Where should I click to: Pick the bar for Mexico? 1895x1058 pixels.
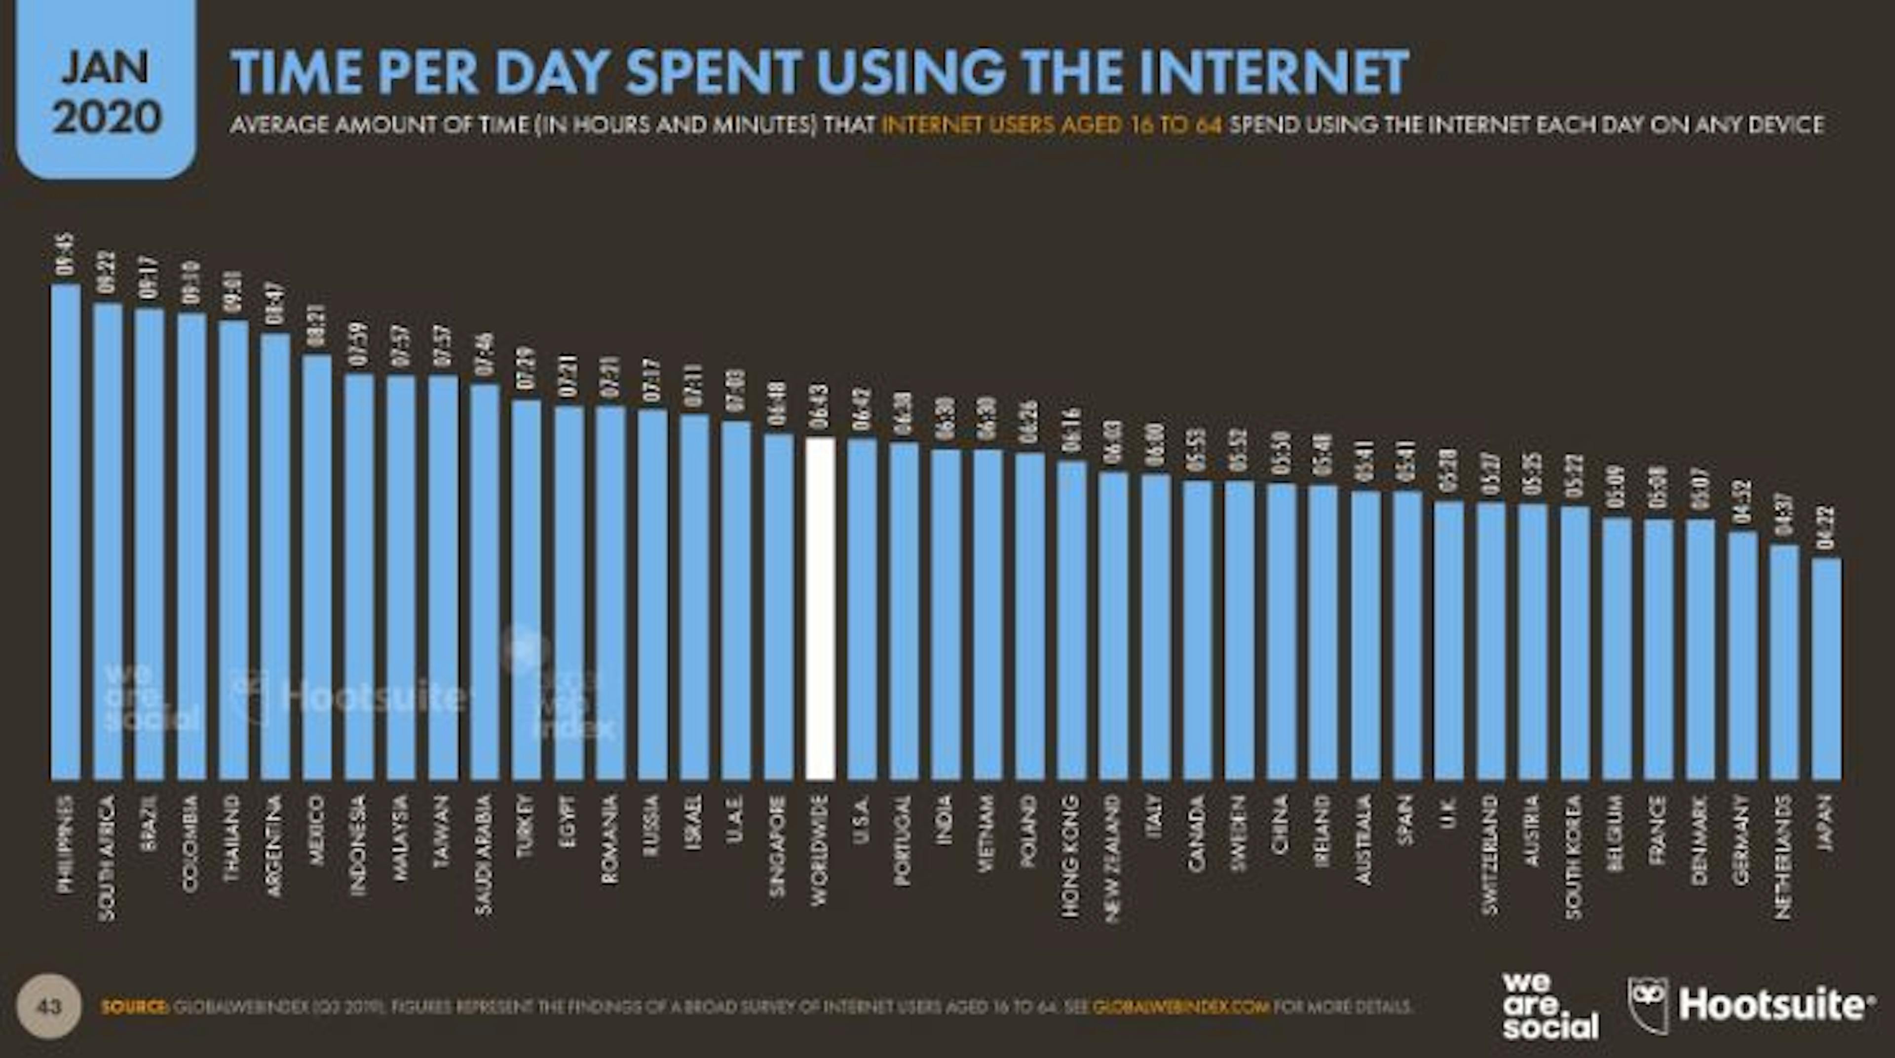(317, 567)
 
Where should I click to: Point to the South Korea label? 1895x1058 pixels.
(1574, 857)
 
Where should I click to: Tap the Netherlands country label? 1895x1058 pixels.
(1783, 857)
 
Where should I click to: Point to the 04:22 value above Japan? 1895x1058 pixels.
(1826, 528)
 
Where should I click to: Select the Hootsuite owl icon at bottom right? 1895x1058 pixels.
(1648, 1005)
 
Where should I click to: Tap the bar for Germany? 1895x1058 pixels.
(1742, 655)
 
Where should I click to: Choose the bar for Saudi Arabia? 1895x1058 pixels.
(485, 581)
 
